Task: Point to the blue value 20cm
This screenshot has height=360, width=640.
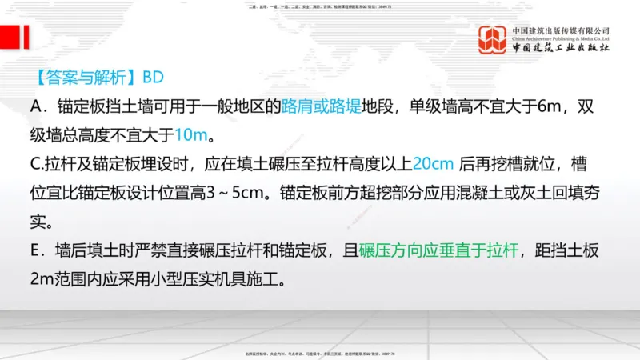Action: coord(435,164)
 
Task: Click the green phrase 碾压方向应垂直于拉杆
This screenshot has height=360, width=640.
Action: coord(439,251)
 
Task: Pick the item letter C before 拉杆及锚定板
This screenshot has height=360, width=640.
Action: coord(35,164)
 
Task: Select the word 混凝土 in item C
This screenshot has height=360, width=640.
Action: coord(478,193)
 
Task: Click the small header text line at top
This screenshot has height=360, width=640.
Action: coord(319,6)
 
